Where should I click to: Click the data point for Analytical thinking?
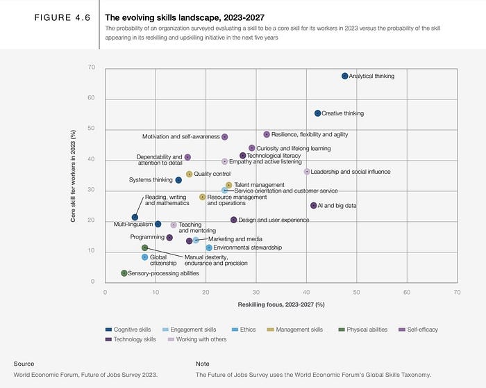344,76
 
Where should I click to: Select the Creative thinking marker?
317,113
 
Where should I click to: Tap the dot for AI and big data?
314,206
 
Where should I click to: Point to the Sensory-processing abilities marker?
124,273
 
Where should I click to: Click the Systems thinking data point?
178,180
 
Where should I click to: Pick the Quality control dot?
189,174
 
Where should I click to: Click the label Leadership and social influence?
351,172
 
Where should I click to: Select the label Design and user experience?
274,220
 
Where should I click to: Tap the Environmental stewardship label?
247,248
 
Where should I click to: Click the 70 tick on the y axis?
92,67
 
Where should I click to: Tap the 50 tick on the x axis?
356,292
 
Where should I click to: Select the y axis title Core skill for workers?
74,175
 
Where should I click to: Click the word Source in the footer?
24,363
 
